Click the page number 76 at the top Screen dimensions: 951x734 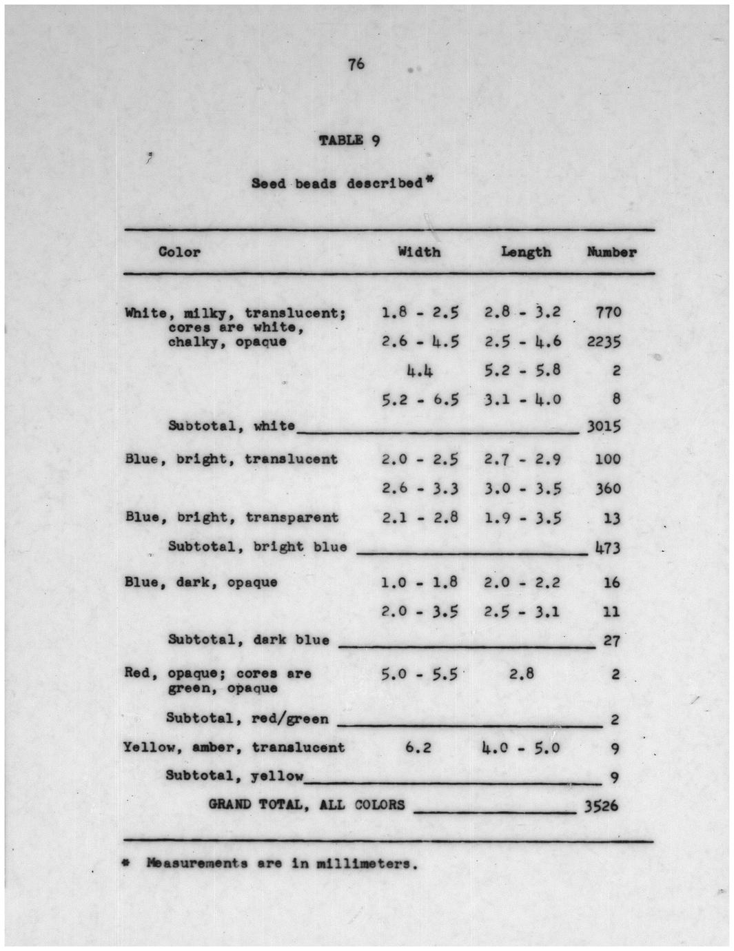pos(356,65)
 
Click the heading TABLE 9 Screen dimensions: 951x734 pos(349,141)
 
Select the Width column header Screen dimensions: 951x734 pos(419,252)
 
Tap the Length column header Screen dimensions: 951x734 pos(526,252)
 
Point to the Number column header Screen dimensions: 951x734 pos(611,252)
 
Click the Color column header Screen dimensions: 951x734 pos(179,252)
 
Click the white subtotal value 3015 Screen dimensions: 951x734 pos(604,427)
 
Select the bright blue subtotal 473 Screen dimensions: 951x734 pos(608,549)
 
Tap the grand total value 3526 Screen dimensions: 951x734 pos(601,806)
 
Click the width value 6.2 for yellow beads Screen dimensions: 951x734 pos(418,748)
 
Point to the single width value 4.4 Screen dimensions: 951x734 pos(420,371)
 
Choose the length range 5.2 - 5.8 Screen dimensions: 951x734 pos(522,371)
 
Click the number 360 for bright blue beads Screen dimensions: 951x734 pos(608,489)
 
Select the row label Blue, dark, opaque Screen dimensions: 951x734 pos(201,582)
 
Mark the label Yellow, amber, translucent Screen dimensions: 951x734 pos(234,748)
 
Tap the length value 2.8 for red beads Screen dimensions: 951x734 pos(522,674)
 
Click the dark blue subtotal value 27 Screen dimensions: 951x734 pos(611,641)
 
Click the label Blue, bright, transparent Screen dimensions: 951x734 pos(232,518)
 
